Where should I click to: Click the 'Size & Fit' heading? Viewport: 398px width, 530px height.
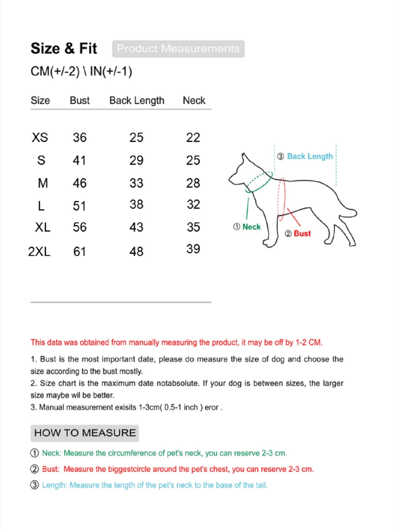pyautogui.click(x=64, y=48)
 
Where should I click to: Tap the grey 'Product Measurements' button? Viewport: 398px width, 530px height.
pyautogui.click(x=178, y=49)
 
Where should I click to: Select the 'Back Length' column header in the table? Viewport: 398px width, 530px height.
pyautogui.click(x=137, y=101)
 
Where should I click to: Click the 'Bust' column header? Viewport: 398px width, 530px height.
pyautogui.click(x=80, y=101)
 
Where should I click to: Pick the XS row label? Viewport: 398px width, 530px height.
pyautogui.click(x=40, y=137)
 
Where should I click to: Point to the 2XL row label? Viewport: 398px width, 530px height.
pyautogui.click(x=39, y=251)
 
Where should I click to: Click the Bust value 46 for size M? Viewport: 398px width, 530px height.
pyautogui.click(x=80, y=183)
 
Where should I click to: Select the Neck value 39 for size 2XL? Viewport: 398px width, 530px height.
pyautogui.click(x=193, y=249)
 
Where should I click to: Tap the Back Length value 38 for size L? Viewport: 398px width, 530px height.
pyautogui.click(x=136, y=204)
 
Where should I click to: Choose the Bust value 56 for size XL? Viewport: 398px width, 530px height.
pyautogui.click(x=80, y=227)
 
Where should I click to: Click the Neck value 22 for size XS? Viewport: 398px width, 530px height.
pyautogui.click(x=193, y=137)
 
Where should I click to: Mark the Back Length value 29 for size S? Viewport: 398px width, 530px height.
pyautogui.click(x=136, y=160)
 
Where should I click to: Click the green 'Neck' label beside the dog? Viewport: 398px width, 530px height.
pyautogui.click(x=251, y=227)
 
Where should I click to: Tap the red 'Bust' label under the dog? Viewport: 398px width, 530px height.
pyautogui.click(x=302, y=234)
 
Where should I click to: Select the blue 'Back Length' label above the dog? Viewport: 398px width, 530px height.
pyautogui.click(x=310, y=156)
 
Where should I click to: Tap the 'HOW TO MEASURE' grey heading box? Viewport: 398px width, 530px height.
pyautogui.click(x=85, y=433)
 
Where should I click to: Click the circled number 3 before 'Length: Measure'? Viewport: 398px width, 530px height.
pyautogui.click(x=35, y=485)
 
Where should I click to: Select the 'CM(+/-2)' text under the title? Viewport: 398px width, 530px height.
pyautogui.click(x=55, y=72)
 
